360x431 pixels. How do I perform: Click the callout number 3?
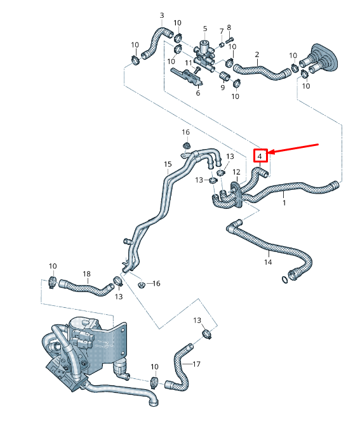(x=161, y=15)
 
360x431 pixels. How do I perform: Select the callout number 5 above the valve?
(x=205, y=29)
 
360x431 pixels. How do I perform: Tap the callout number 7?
(x=222, y=30)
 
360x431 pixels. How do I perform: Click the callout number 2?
(x=257, y=55)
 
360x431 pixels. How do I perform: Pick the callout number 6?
(x=197, y=93)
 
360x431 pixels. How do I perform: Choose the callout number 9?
(x=223, y=88)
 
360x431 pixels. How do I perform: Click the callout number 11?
(x=189, y=63)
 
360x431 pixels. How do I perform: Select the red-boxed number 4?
(x=260, y=155)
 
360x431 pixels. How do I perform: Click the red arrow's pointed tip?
(x=270, y=152)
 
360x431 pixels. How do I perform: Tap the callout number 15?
(x=168, y=164)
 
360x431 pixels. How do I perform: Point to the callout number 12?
(x=236, y=173)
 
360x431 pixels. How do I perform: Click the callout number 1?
(x=284, y=203)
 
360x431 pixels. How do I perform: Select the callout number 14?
(x=268, y=262)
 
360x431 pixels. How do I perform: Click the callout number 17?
(x=196, y=364)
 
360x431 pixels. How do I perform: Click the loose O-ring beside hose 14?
(x=283, y=278)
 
